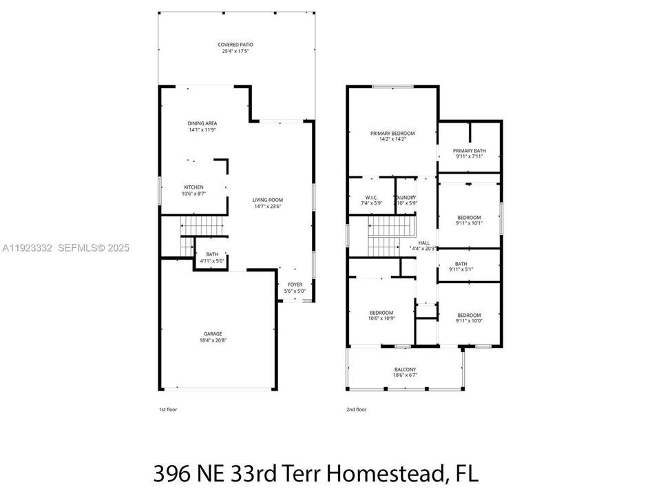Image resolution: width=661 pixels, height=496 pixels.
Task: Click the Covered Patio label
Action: tap(236, 44)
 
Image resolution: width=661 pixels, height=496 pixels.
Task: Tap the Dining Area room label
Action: tap(202, 123)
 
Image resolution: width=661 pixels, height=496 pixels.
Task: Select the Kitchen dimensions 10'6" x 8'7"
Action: tap(193, 194)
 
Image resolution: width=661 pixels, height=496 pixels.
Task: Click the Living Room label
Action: tap(269, 199)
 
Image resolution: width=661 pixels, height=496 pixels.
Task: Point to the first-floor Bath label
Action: tap(211, 254)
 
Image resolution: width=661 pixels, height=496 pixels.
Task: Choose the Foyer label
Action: tap(295, 284)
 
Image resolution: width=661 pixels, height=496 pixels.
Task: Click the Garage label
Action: tap(212, 334)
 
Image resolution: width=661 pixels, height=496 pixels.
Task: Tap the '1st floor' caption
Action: tap(168, 409)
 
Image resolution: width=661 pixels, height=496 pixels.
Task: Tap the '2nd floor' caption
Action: tap(356, 409)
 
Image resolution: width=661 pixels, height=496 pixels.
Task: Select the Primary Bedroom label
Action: tap(392, 133)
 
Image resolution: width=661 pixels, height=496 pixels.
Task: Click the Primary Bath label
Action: tap(470, 151)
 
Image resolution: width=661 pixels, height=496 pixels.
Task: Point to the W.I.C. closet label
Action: tap(371, 196)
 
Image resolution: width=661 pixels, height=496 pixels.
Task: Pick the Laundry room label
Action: tap(406, 196)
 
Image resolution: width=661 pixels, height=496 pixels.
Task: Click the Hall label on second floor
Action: tap(423, 242)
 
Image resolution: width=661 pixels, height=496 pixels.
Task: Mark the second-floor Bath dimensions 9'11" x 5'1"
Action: tap(461, 270)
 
